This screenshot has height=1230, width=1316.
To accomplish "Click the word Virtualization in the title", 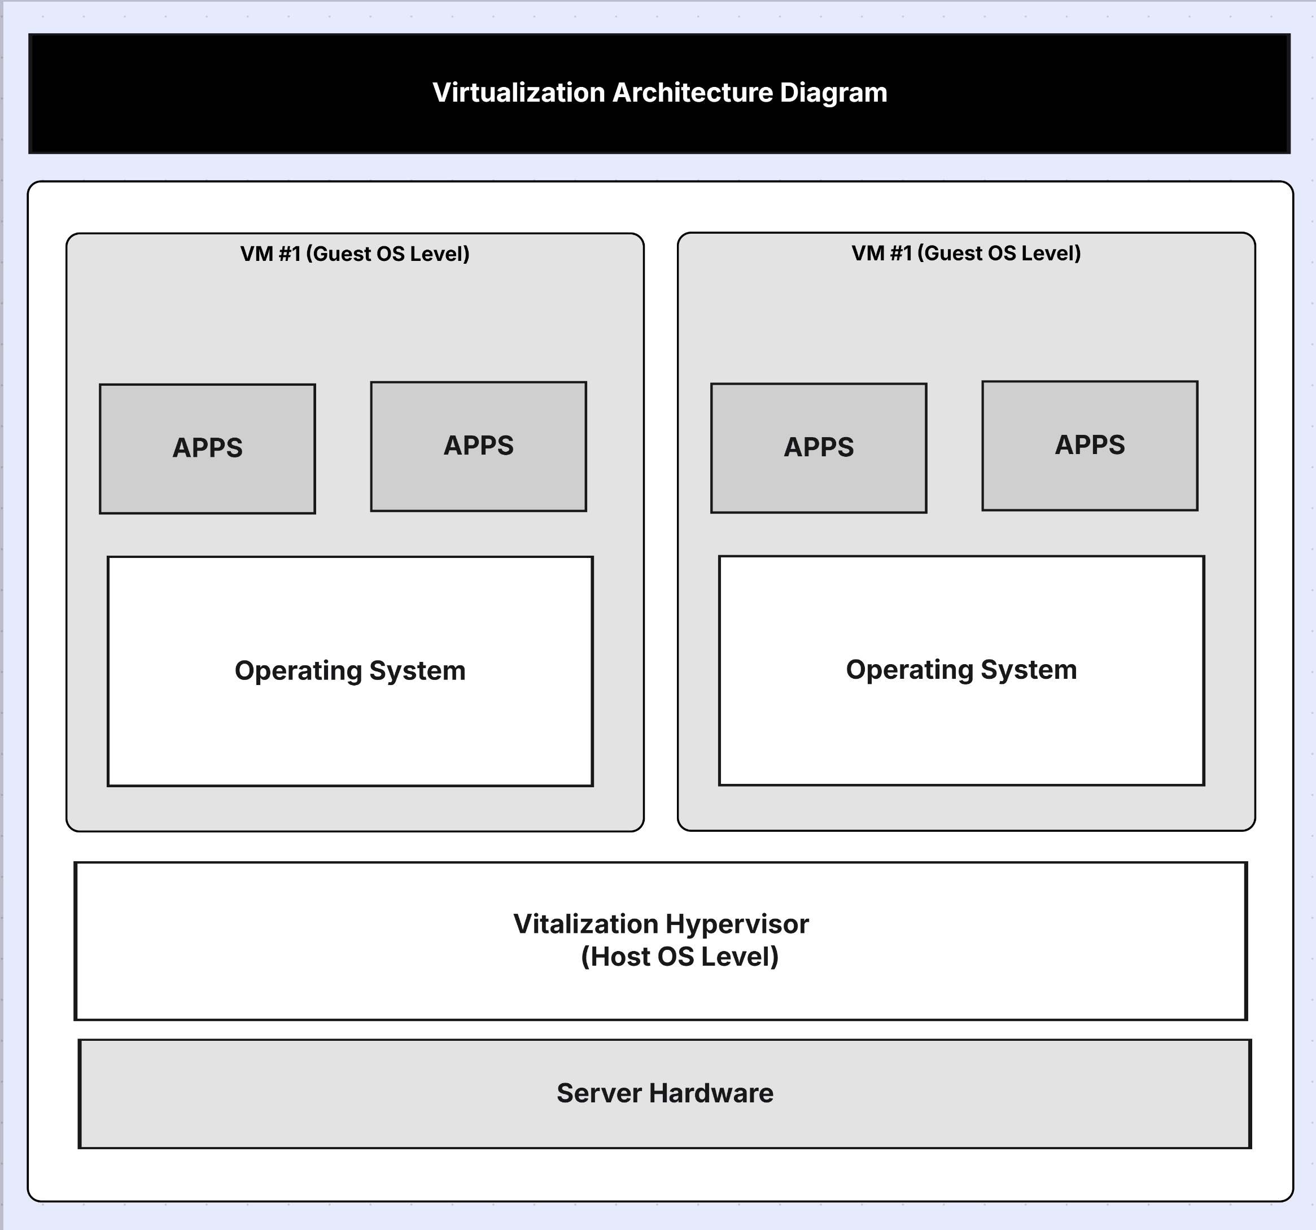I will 518,93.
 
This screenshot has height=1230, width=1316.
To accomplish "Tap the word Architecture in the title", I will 692,93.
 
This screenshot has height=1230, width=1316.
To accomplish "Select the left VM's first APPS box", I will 207,448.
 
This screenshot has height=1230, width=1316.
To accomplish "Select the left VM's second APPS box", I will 478,446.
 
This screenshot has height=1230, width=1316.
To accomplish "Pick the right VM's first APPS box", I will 818,447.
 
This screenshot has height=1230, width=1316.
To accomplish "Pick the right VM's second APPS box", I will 1090,445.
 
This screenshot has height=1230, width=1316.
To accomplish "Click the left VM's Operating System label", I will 349,670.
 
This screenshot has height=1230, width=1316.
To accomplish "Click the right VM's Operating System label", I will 961,669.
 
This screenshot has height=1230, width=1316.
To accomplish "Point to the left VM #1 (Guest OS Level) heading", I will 355,254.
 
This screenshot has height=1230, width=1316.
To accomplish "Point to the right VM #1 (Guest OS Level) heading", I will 966,253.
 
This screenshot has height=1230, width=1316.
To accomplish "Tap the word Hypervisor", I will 737,924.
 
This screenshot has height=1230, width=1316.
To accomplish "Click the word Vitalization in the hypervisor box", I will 585,924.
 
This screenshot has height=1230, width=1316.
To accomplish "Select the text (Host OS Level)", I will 679,957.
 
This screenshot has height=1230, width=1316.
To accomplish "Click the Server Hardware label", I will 664,1093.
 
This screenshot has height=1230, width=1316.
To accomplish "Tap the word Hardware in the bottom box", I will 710,1093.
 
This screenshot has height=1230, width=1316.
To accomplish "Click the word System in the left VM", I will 417,670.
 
